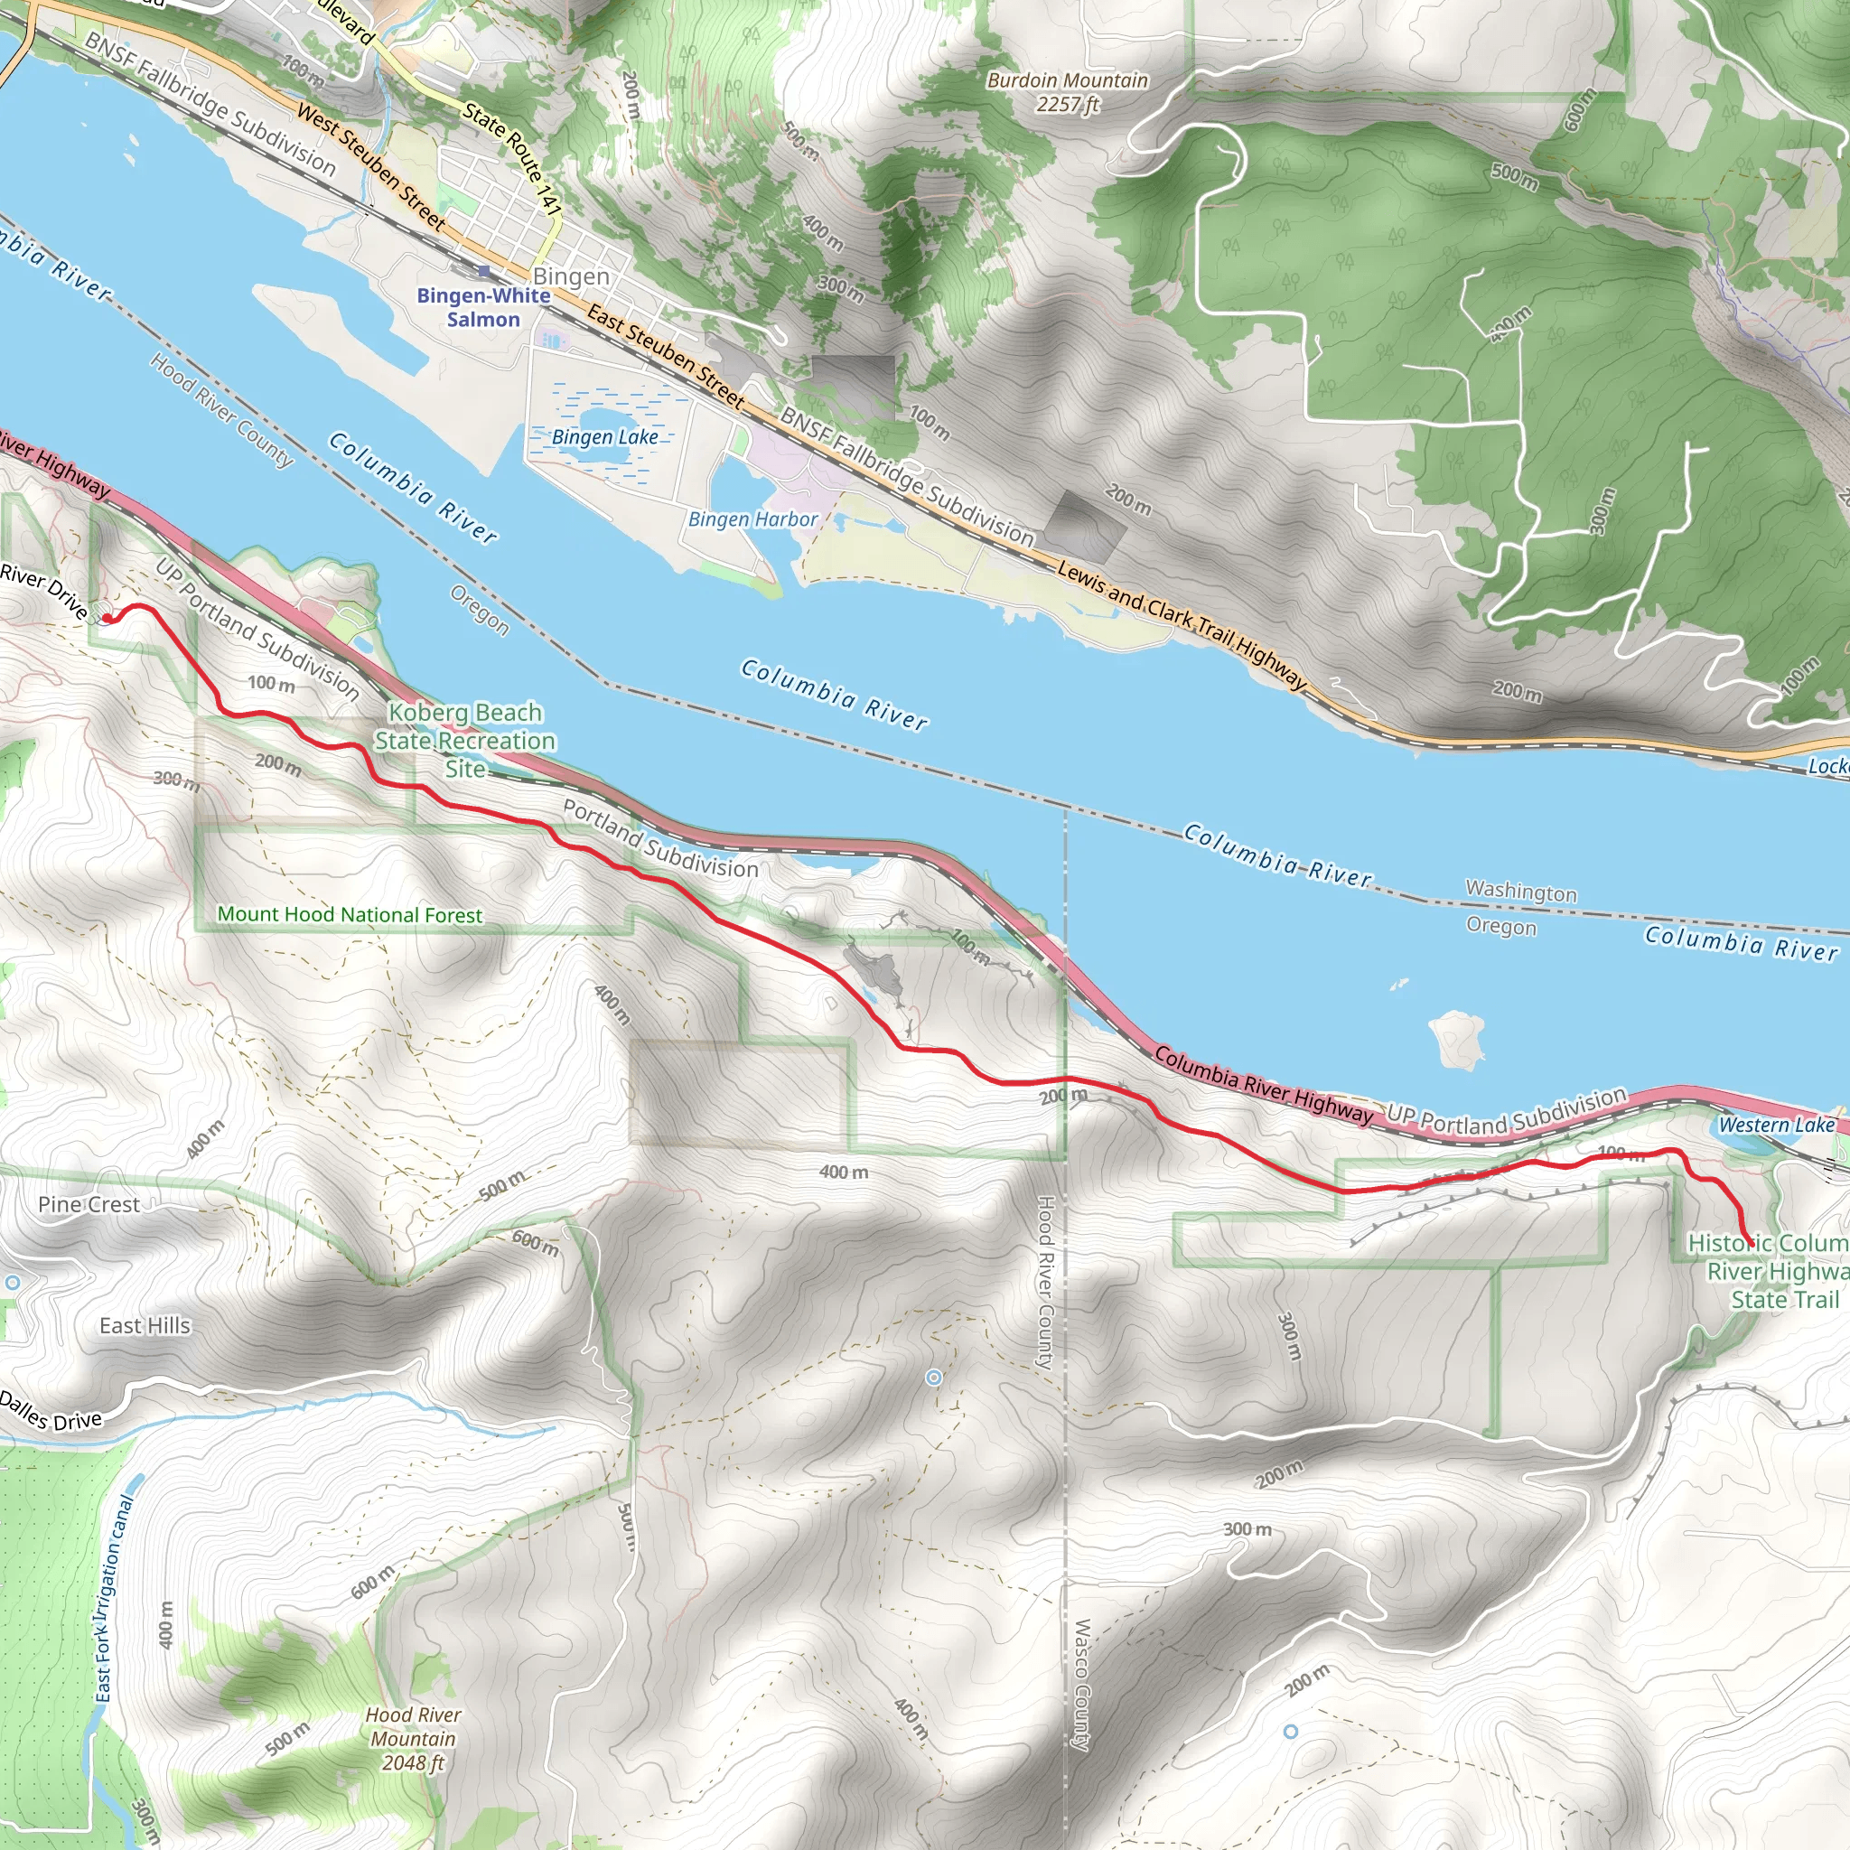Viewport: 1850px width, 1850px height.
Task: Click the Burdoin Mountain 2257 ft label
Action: [x=1067, y=93]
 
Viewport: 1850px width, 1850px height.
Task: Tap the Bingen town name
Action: [x=571, y=276]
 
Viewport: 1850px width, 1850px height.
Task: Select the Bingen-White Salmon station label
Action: [x=483, y=307]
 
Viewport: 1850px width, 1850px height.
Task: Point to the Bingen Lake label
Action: [x=605, y=437]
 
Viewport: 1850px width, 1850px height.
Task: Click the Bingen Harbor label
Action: [x=752, y=519]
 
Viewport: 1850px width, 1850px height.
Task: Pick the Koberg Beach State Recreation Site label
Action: [x=465, y=740]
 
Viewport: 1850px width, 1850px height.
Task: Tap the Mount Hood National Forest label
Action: [x=350, y=914]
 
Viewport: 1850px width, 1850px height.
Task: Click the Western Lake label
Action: [x=1776, y=1126]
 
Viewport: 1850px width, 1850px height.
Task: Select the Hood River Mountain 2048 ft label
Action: [x=414, y=1738]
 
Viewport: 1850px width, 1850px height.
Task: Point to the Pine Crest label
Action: [x=89, y=1205]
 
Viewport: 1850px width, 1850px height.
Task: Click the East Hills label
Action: [x=145, y=1325]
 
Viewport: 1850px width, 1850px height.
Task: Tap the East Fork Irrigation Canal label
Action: [x=114, y=1599]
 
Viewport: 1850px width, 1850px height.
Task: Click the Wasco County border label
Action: [x=1081, y=1686]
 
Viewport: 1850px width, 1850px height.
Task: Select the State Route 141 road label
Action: [x=512, y=158]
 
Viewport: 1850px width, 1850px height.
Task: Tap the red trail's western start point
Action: [x=107, y=619]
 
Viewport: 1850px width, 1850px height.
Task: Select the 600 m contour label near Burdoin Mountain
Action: [x=1580, y=110]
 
